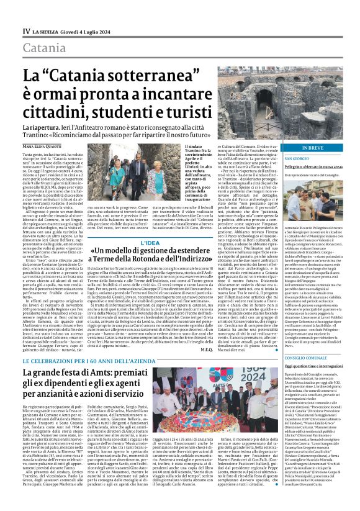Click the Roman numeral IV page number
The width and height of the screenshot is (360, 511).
26,30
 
